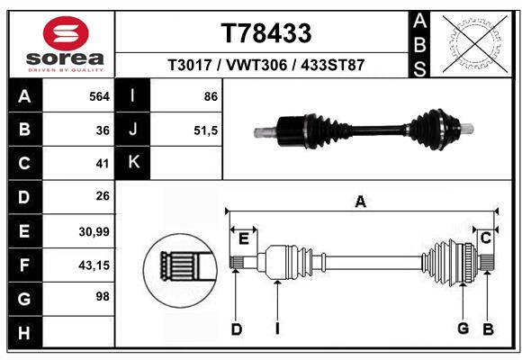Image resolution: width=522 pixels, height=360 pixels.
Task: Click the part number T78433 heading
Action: (x=266, y=33)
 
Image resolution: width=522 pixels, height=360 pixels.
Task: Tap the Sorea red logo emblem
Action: (x=66, y=33)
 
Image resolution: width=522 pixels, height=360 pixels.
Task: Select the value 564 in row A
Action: (x=96, y=95)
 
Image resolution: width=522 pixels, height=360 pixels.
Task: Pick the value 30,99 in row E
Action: (x=94, y=231)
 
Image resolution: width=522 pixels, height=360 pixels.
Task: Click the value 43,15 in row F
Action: (x=94, y=265)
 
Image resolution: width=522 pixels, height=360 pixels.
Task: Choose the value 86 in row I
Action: (x=210, y=95)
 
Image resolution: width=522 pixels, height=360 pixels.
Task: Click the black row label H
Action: (x=24, y=332)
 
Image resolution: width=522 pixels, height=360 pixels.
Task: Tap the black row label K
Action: (x=133, y=163)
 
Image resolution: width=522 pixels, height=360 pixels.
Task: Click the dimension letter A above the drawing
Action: (x=360, y=202)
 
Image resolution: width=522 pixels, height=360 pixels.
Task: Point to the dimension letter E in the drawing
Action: (x=243, y=238)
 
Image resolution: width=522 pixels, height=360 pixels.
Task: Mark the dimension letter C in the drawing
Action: (x=485, y=238)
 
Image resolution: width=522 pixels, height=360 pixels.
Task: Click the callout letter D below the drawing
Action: (x=237, y=329)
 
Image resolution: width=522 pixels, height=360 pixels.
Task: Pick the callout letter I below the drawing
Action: (x=277, y=329)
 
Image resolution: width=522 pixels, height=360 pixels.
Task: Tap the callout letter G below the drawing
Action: (x=463, y=329)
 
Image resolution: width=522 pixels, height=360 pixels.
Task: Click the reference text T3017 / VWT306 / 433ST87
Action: (x=265, y=66)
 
